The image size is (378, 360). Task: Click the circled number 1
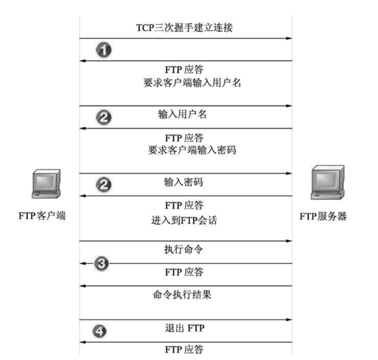103,50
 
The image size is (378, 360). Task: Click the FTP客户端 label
42,216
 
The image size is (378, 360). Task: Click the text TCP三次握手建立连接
184,28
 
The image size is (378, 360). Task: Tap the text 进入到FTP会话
184,219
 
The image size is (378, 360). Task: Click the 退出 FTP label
184,328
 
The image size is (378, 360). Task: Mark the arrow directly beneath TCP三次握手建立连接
186,38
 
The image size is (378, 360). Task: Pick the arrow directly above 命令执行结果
186,286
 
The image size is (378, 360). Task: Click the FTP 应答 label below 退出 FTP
184,350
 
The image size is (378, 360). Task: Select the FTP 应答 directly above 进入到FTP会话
184,205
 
